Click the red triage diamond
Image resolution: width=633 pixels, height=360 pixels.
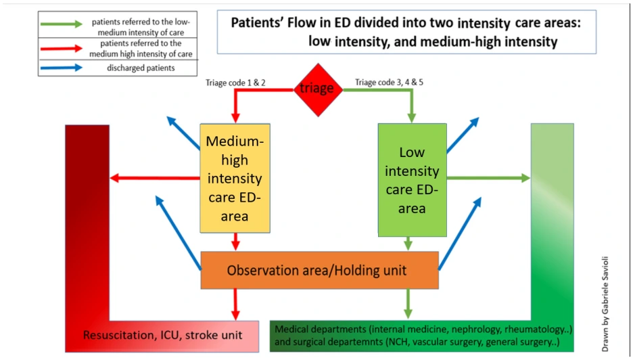[x=316, y=89]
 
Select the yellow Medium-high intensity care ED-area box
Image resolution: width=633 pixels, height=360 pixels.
[x=235, y=178]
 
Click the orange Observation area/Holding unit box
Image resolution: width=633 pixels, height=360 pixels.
[x=319, y=271]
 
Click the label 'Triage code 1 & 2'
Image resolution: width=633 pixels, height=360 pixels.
[x=236, y=83]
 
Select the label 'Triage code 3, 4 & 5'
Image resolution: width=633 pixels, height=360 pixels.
[x=390, y=83]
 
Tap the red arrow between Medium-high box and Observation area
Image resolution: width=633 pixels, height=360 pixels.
[x=235, y=241]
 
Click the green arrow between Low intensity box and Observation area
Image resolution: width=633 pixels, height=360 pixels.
[x=408, y=242]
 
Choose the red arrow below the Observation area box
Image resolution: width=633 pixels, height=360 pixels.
[x=235, y=304]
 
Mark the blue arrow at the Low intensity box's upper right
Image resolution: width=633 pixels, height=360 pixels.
[x=463, y=133]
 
